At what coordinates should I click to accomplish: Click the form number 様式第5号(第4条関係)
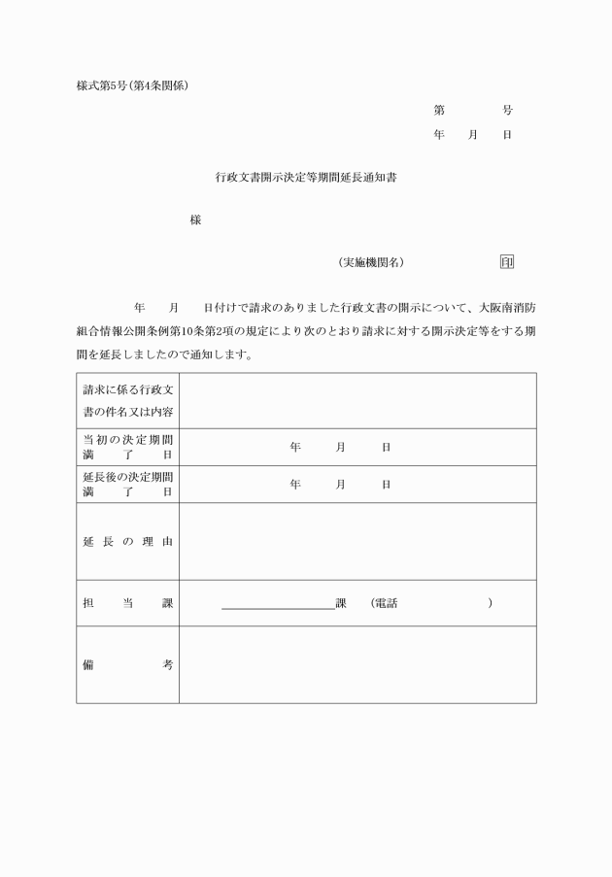(x=132, y=85)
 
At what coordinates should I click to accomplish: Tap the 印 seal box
(x=507, y=262)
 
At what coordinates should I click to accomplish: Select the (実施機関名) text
(x=370, y=262)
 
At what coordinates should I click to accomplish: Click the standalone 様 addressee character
(x=195, y=220)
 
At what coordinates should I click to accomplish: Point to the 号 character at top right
(x=507, y=111)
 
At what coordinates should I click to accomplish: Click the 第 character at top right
(x=439, y=111)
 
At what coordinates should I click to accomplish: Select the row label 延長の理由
(x=127, y=542)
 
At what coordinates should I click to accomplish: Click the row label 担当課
(x=127, y=604)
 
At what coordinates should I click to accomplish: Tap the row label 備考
(x=127, y=665)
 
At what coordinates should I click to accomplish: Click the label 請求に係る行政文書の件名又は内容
(x=127, y=401)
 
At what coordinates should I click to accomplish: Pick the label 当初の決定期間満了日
(x=127, y=447)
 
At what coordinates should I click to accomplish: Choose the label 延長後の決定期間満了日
(x=127, y=485)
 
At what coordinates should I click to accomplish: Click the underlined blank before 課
(x=278, y=604)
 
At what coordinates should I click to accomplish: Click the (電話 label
(x=384, y=604)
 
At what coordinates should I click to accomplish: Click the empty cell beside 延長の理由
(x=357, y=542)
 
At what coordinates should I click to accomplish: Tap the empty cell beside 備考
(x=357, y=665)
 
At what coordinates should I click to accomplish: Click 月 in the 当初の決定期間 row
(x=341, y=448)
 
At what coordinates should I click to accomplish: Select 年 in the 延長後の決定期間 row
(x=295, y=485)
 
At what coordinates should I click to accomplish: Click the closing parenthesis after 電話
(x=490, y=604)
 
